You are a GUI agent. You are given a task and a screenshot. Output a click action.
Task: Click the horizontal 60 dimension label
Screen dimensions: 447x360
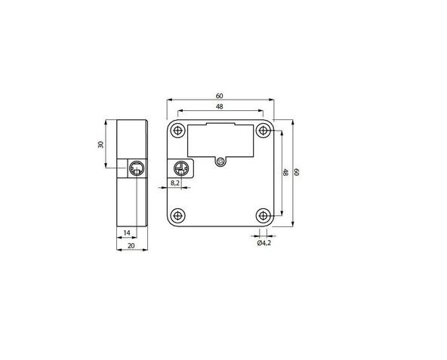coord(219,96)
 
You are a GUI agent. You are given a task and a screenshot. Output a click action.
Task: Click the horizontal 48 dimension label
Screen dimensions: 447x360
coord(219,106)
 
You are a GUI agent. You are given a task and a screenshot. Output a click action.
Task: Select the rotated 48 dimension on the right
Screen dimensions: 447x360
coord(285,172)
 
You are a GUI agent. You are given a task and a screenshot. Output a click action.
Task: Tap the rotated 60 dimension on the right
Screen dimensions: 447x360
coord(297,172)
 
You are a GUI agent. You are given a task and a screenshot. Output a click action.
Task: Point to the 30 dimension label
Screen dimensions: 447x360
coord(100,144)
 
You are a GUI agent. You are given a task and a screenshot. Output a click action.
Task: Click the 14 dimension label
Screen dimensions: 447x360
coord(127,233)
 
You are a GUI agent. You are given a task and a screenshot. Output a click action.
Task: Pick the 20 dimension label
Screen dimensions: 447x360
coord(131,245)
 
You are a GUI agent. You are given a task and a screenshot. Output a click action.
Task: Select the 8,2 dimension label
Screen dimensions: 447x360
coord(175,183)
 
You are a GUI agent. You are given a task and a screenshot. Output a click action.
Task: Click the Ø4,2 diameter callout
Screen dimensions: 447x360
coord(264,243)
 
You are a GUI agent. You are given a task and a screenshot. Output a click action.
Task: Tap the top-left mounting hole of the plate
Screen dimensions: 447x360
coord(177,131)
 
